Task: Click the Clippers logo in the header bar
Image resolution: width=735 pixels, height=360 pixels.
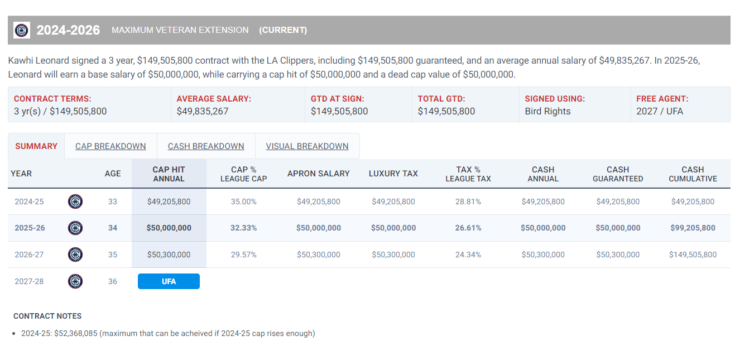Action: coord(22,30)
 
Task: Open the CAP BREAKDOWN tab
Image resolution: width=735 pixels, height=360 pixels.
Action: coord(111,146)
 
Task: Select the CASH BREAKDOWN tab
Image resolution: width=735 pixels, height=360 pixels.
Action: coord(206,146)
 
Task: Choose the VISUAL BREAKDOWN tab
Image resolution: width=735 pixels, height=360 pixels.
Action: coord(307,146)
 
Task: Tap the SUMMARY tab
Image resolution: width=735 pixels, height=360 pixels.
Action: coord(36,146)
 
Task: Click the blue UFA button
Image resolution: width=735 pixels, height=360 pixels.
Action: coord(169,281)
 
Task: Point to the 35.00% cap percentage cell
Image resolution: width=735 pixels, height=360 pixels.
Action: coord(243,201)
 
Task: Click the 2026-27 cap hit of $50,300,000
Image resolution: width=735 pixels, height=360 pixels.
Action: coord(169,255)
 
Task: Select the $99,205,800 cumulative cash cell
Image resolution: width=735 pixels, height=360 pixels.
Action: coord(692,228)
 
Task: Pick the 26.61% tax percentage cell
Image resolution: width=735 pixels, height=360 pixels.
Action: coord(468,228)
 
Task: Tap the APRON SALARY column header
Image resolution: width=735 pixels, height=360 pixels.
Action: coord(318,174)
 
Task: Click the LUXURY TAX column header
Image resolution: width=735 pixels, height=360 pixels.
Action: coord(393,174)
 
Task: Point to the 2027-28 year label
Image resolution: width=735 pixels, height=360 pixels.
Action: coord(29,281)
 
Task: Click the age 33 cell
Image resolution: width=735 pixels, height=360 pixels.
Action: coord(113,201)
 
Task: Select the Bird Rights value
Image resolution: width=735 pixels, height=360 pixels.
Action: coord(547,111)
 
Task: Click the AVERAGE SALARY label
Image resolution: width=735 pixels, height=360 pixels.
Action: coord(214,99)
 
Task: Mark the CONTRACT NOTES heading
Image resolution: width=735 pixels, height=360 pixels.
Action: coord(47,316)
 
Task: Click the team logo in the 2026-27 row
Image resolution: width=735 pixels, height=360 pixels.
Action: coord(75,255)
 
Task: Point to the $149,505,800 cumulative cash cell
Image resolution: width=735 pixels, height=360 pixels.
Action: coord(692,255)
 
